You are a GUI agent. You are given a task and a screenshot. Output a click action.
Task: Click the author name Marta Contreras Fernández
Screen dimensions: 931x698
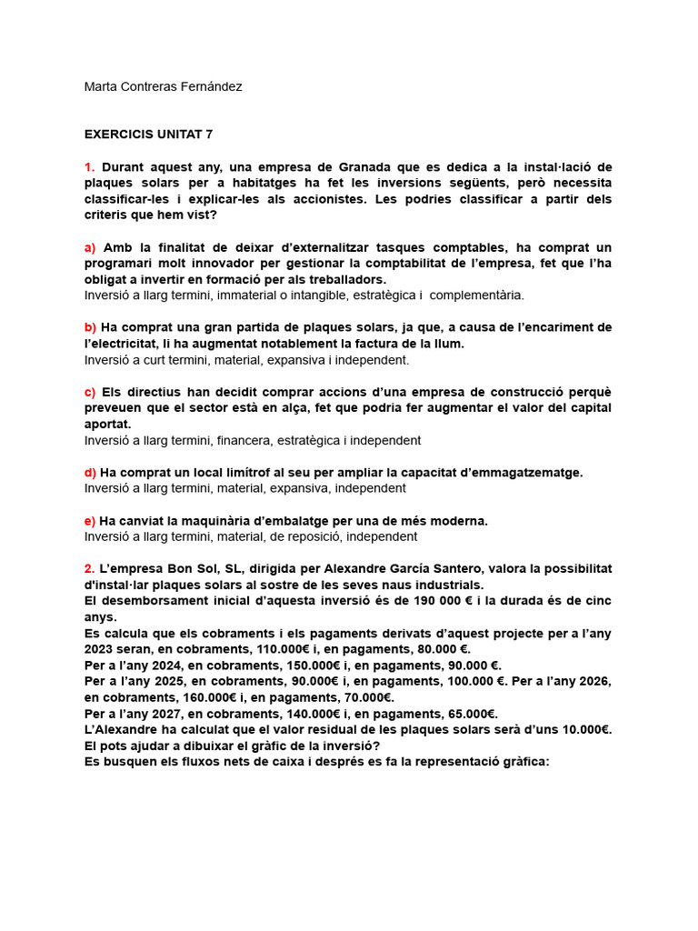pyautogui.click(x=163, y=86)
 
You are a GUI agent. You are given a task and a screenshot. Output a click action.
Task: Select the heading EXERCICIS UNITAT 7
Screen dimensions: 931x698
pyautogui.click(x=148, y=134)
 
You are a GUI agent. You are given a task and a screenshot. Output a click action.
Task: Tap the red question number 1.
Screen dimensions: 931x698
pyautogui.click(x=89, y=167)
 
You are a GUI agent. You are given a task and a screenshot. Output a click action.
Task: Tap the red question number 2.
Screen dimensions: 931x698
pyautogui.click(x=89, y=568)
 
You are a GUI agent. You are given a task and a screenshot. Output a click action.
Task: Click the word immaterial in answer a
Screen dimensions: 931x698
pyautogui.click(x=256, y=295)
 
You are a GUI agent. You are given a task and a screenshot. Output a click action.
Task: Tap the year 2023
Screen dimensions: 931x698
pyautogui.click(x=100, y=648)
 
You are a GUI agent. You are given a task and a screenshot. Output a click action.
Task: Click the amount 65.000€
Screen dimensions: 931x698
pyautogui.click(x=468, y=713)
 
